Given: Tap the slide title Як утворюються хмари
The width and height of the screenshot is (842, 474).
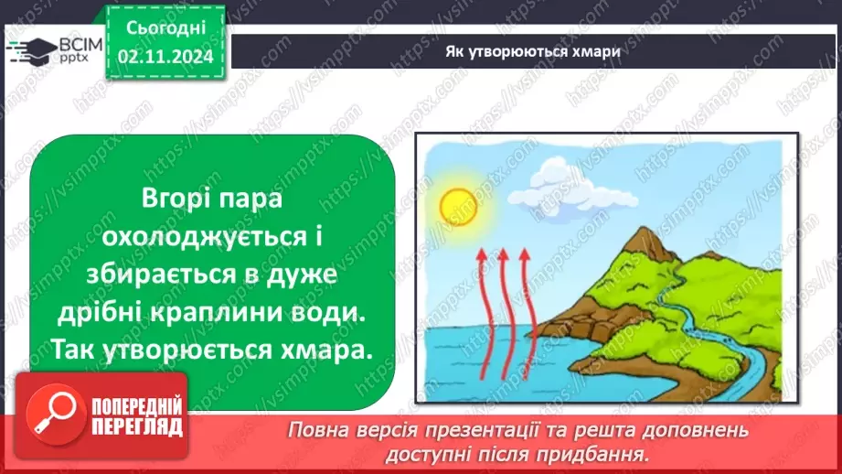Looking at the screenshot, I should (532, 51).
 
